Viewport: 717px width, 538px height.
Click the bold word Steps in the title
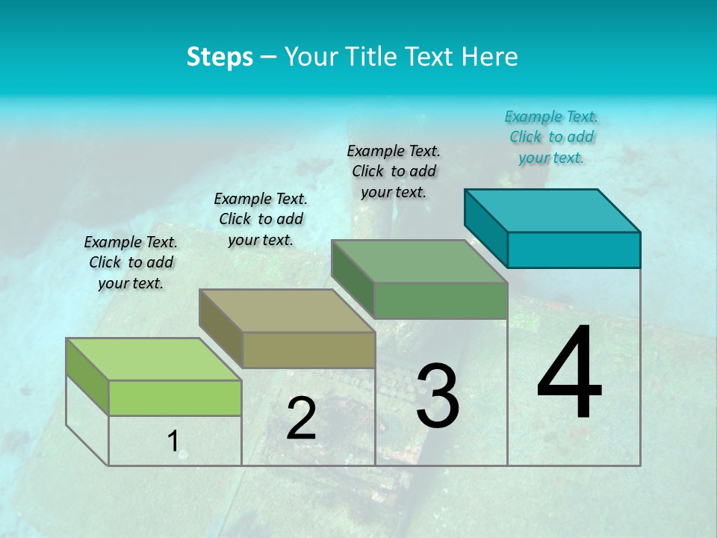220,57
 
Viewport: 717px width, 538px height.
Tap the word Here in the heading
490,57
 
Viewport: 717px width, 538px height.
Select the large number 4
569,374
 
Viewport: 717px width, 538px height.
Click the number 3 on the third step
438,396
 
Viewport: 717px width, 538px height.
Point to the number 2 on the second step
301,419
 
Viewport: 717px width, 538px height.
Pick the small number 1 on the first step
173,442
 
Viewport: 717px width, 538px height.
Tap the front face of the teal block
574,250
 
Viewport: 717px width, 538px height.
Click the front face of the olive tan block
308,350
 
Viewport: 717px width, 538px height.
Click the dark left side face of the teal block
485,228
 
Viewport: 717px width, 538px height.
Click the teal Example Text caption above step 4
551,137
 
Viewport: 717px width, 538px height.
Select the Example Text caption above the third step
394,171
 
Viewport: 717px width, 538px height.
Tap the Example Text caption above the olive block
261,219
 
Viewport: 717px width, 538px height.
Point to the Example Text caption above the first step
131,262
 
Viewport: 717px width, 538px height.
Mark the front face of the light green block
175,398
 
